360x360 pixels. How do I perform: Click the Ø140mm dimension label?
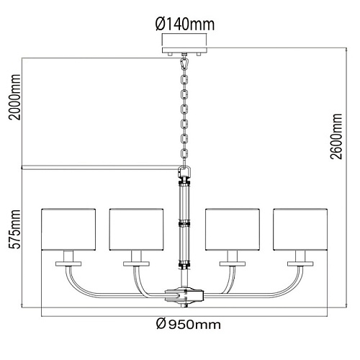click(x=185, y=24)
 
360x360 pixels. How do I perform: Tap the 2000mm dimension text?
click(x=14, y=97)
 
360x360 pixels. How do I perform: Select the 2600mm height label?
click(x=336, y=136)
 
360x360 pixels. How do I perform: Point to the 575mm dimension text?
click(x=14, y=230)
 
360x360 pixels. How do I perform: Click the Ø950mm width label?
click(x=189, y=325)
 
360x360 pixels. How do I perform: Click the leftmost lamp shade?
click(x=68, y=230)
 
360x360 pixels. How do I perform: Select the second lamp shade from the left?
click(x=136, y=230)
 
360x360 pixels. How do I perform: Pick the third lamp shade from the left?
click(x=233, y=230)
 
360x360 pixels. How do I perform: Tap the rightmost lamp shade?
click(x=300, y=230)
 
